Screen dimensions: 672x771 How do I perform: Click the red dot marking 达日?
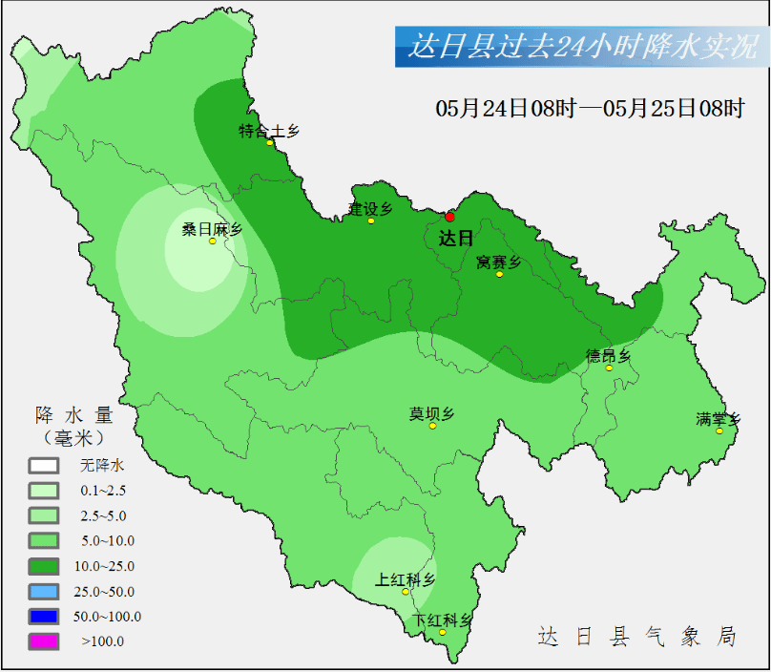[x=450, y=217]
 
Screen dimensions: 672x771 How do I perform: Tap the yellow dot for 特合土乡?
[x=270, y=143]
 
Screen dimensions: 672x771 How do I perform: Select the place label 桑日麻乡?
[x=212, y=229]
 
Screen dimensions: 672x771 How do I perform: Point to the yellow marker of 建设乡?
[x=371, y=220]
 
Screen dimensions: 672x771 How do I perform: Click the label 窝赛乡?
[x=498, y=262]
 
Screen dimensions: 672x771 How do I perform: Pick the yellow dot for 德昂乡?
[x=609, y=367]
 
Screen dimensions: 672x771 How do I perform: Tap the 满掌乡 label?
[x=719, y=418]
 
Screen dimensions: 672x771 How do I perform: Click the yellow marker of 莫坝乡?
[x=432, y=426]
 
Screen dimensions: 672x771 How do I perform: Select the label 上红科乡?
[x=405, y=579]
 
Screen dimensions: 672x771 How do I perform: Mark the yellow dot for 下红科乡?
[x=442, y=632]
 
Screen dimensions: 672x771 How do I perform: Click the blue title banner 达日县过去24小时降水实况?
[x=582, y=47]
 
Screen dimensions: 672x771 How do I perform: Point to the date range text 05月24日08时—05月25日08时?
[x=590, y=109]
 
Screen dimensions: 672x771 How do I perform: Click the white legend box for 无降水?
[x=44, y=466]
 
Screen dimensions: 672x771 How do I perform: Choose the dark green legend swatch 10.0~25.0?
[x=44, y=566]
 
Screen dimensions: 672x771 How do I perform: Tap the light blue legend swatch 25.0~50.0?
[x=44, y=591]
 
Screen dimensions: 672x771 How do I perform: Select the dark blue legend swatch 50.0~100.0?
[x=44, y=616]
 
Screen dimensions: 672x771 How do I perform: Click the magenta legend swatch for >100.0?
[x=44, y=640]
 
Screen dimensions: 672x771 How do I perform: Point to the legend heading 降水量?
[x=74, y=416]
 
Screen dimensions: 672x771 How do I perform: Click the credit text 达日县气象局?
[x=636, y=637]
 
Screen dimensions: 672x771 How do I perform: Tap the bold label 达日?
[x=456, y=239]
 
